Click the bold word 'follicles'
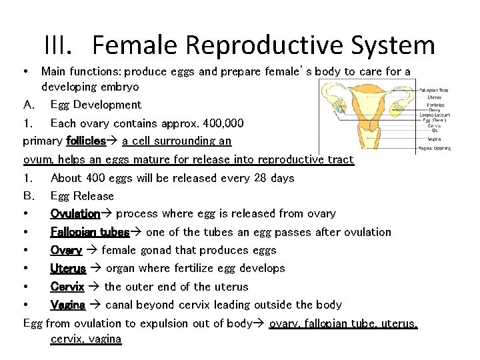86,141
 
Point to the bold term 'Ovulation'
75,213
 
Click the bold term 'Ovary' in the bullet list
66,250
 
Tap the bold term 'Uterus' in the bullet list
68,268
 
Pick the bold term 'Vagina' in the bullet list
68,305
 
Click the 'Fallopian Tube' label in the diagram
434,90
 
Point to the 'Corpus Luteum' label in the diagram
435,115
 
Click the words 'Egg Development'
96,105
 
